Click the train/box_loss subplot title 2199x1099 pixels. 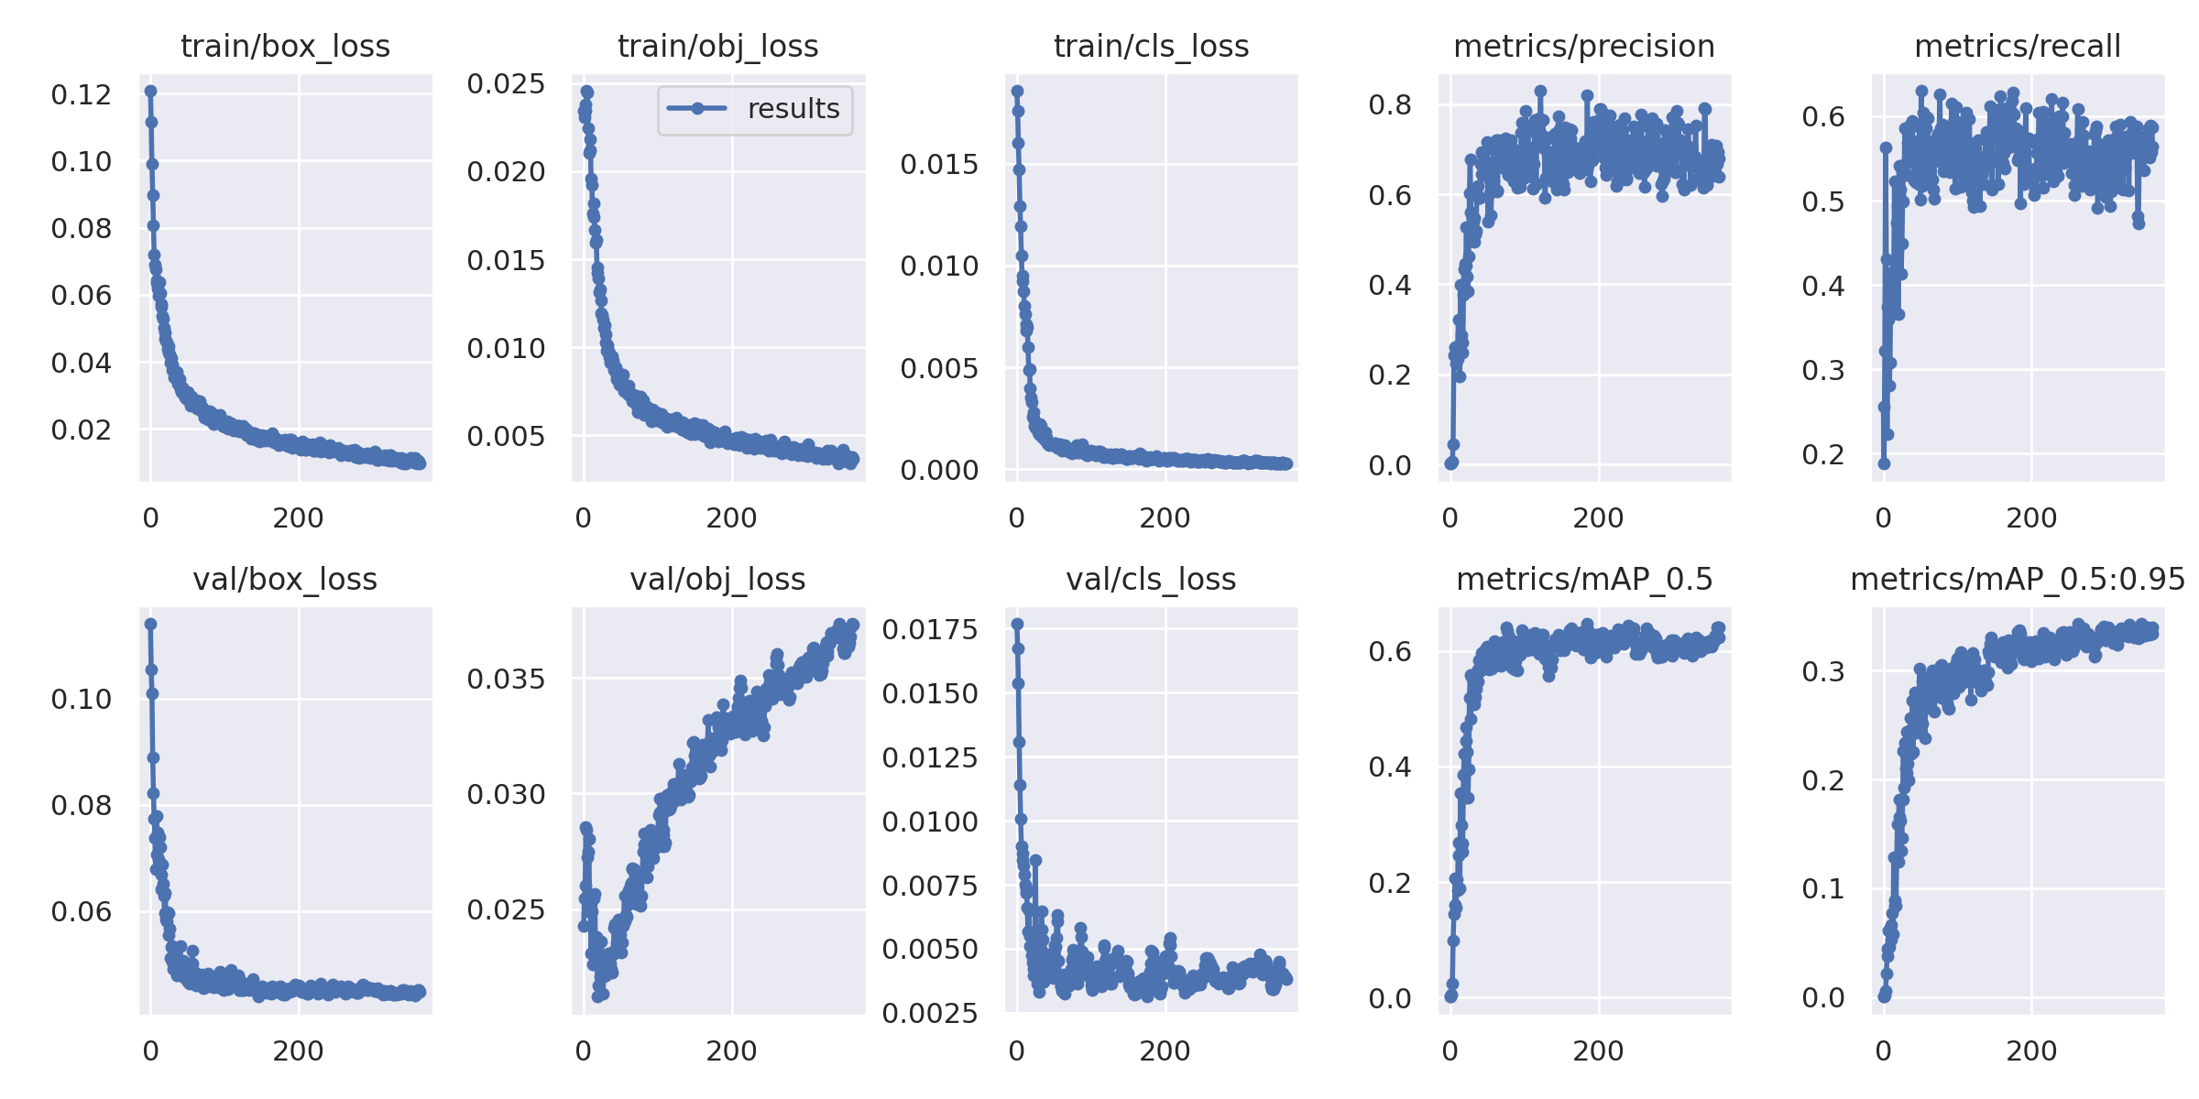285,46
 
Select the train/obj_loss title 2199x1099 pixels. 717,46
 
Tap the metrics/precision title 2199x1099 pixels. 1584,46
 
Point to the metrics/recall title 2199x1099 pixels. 2018,46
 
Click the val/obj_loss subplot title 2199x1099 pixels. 717,579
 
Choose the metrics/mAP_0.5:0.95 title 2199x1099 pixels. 2018,579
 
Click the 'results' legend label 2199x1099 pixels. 793,109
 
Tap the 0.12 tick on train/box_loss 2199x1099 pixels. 82,94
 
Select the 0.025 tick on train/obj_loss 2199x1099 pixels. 506,84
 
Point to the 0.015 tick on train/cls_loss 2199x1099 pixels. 939,165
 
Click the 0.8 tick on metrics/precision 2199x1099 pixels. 1390,105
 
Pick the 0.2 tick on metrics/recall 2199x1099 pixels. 1823,454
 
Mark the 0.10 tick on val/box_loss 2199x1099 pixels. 82,700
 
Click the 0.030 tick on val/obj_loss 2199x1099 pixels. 506,794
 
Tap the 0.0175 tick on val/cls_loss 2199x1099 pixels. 930,629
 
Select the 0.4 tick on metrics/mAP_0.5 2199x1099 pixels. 1390,767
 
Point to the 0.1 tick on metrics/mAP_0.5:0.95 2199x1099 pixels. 1823,888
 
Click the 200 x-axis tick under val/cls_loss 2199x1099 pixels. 1165,1051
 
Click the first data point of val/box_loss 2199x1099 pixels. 150,624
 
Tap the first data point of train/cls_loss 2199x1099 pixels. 1017,91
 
